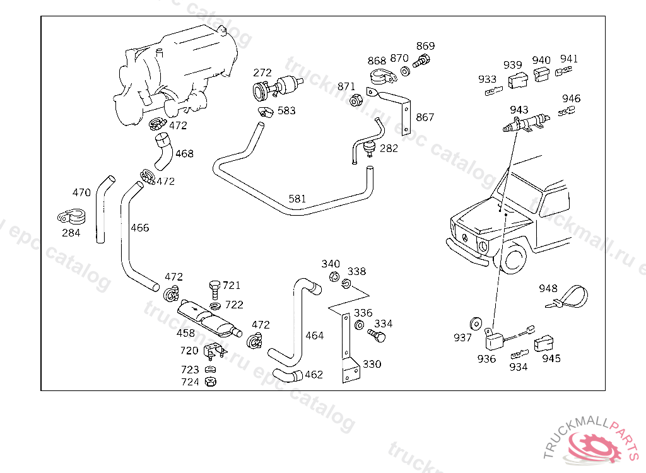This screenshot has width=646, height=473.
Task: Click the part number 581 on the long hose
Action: [x=297, y=199]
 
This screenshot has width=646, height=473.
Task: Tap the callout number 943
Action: [x=519, y=110]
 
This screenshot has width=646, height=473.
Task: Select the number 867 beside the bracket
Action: [x=425, y=117]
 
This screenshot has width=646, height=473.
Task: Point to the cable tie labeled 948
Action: [x=567, y=297]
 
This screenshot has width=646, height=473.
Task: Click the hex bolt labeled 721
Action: [x=214, y=289]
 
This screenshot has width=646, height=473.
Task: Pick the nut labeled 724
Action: [x=211, y=382]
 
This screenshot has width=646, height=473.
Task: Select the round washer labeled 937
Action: [x=476, y=324]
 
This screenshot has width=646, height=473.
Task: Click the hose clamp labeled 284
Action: [x=71, y=217]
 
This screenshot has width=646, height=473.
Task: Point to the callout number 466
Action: [x=139, y=228]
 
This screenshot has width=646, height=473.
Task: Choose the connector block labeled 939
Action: [x=517, y=80]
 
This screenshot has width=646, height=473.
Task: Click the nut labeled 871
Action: [x=356, y=100]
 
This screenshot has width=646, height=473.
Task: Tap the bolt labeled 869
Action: [x=421, y=61]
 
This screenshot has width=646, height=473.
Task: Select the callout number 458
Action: [x=185, y=333]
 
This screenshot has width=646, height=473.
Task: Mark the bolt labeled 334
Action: [x=377, y=336]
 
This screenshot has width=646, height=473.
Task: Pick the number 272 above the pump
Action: [x=262, y=73]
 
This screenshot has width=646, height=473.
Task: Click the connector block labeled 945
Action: [x=543, y=343]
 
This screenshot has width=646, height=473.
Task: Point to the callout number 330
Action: [x=372, y=365]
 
